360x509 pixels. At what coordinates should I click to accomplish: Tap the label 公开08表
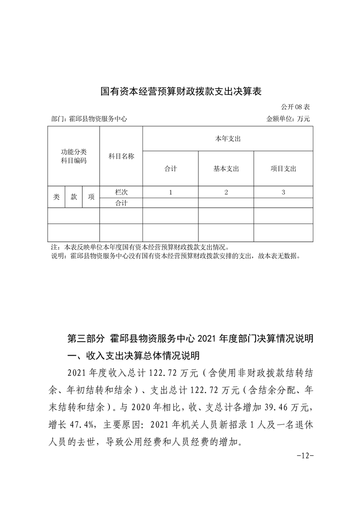pos(295,108)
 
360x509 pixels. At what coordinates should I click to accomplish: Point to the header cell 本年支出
pos(227,138)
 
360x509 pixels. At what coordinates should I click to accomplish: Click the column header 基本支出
pos(226,169)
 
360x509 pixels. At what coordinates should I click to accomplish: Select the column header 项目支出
pos(283,169)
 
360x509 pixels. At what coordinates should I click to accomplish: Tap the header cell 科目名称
pos(121,156)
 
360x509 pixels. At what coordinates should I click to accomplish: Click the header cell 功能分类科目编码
pos(74,156)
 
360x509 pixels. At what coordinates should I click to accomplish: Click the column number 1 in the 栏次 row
pos(170,192)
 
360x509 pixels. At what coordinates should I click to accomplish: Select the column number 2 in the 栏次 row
pos(226,192)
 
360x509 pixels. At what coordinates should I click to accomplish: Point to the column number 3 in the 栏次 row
pos(283,192)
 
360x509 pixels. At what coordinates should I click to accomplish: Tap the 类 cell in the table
pos(56,197)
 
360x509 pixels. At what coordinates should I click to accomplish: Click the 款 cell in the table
pos(74,197)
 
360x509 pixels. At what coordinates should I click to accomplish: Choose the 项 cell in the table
pos(91,197)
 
